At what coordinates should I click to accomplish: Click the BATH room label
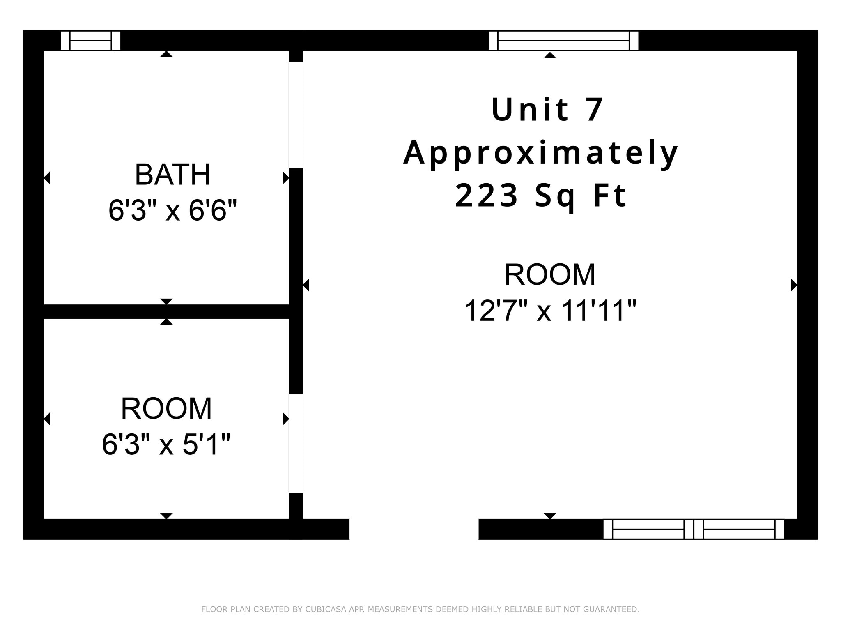(x=172, y=175)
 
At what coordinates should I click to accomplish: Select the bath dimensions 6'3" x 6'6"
(x=172, y=211)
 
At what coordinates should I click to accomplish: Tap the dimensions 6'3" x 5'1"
(x=166, y=444)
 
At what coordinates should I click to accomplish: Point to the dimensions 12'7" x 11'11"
(x=550, y=311)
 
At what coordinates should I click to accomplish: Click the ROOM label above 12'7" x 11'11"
(x=550, y=275)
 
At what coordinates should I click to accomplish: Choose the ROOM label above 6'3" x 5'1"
(x=166, y=409)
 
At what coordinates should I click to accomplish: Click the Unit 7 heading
(x=547, y=110)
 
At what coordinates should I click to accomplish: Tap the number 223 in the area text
(x=486, y=196)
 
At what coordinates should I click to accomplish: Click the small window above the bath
(x=90, y=41)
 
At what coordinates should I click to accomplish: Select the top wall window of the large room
(x=563, y=41)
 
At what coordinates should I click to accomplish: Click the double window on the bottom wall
(x=693, y=529)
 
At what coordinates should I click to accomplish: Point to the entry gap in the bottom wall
(x=414, y=529)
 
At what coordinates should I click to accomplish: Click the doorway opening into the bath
(x=296, y=115)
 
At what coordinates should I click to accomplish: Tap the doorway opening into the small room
(x=296, y=443)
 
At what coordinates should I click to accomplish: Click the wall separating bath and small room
(x=166, y=311)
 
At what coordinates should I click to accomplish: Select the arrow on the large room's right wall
(x=794, y=285)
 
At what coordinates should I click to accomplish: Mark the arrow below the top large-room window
(x=550, y=55)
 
